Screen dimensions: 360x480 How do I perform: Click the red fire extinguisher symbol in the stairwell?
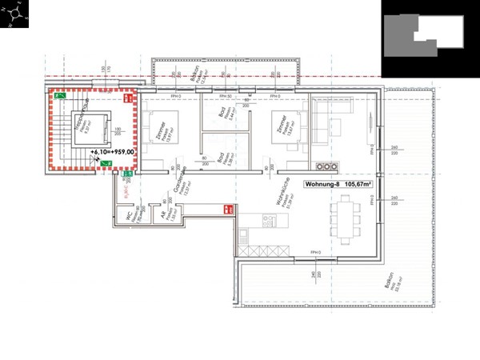click(127, 98)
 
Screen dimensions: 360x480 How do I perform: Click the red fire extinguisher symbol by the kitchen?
click(228, 210)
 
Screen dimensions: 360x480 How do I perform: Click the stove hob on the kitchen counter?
click(242, 234)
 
